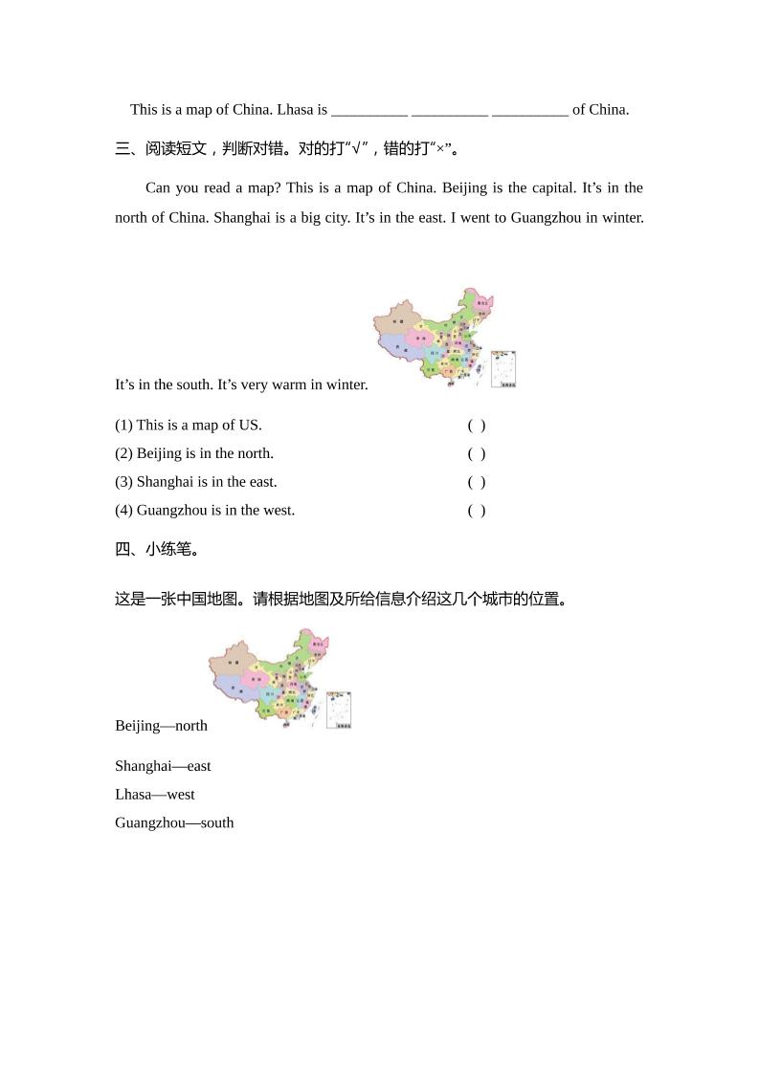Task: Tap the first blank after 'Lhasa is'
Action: (369, 110)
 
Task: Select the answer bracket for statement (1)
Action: (477, 426)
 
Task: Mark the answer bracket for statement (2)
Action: (477, 453)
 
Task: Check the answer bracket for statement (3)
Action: (477, 482)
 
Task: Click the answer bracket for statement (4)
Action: (477, 511)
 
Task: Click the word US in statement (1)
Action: (252, 425)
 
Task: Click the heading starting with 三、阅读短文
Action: (287, 148)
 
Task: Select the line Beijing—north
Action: (161, 725)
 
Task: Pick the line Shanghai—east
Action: (163, 766)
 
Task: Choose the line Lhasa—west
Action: (154, 794)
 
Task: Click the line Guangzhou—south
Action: (174, 822)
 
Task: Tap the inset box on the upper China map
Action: (503, 369)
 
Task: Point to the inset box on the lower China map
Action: (339, 711)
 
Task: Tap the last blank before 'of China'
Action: (529, 110)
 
